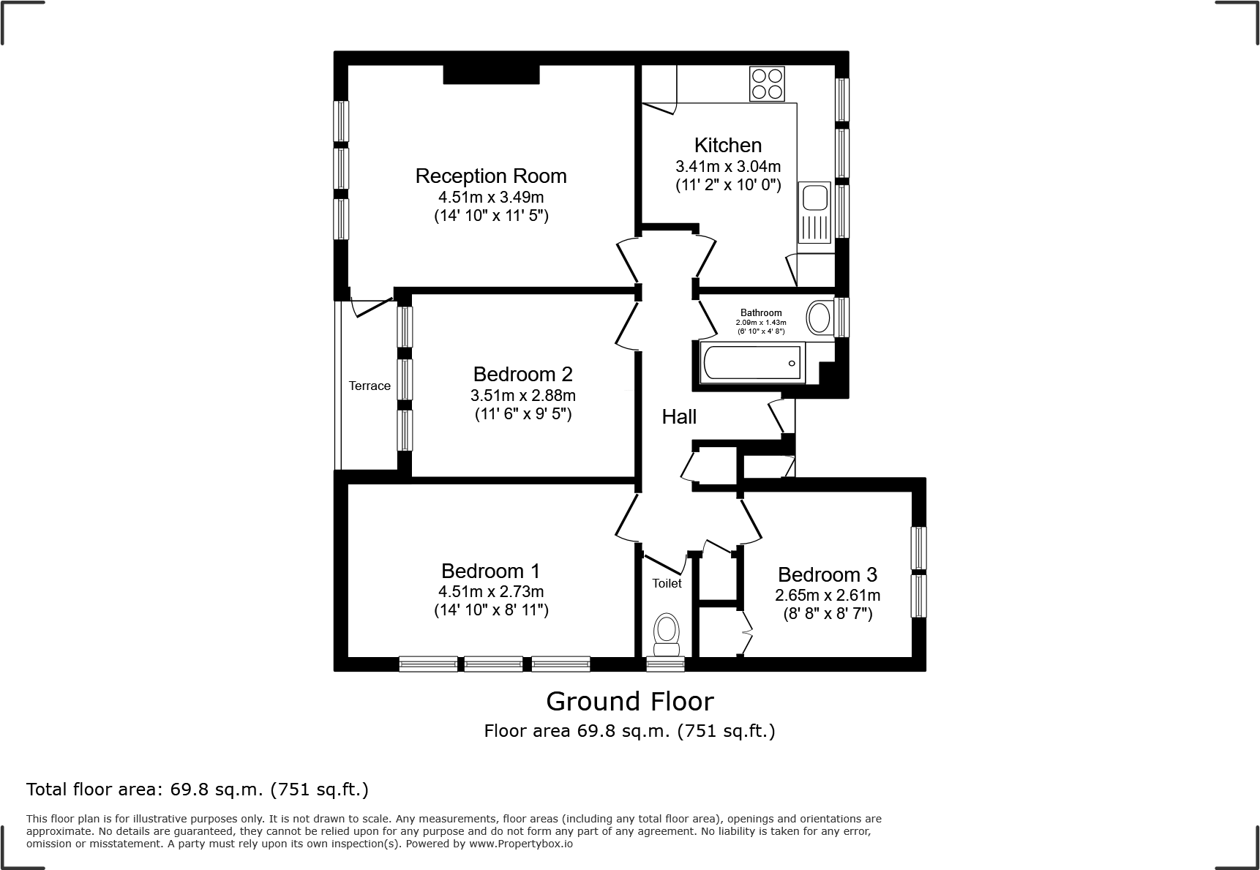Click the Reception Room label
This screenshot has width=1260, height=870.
[x=490, y=176]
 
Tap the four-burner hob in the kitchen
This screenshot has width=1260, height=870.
[x=766, y=83]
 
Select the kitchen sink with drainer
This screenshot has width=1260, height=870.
[x=814, y=212]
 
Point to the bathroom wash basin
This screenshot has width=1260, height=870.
[x=820, y=318]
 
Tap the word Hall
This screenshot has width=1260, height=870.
[x=679, y=417]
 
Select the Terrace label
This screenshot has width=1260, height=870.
[x=370, y=386]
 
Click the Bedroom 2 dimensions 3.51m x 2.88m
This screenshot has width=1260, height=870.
[x=522, y=396]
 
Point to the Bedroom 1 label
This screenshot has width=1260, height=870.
[x=490, y=571]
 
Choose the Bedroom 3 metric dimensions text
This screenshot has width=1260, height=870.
[x=827, y=596]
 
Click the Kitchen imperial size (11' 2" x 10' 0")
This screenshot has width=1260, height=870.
[x=728, y=186]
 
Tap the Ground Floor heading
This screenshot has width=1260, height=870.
[x=629, y=702]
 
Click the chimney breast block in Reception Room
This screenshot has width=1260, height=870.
[x=491, y=74]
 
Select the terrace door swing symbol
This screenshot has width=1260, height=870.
[x=370, y=306]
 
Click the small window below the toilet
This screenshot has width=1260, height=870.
[x=666, y=664]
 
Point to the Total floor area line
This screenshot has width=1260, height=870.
[x=197, y=790]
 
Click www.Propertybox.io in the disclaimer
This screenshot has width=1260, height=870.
[x=520, y=844]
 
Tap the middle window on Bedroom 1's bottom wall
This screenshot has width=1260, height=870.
[x=494, y=664]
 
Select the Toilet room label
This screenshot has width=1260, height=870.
[x=667, y=583]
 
